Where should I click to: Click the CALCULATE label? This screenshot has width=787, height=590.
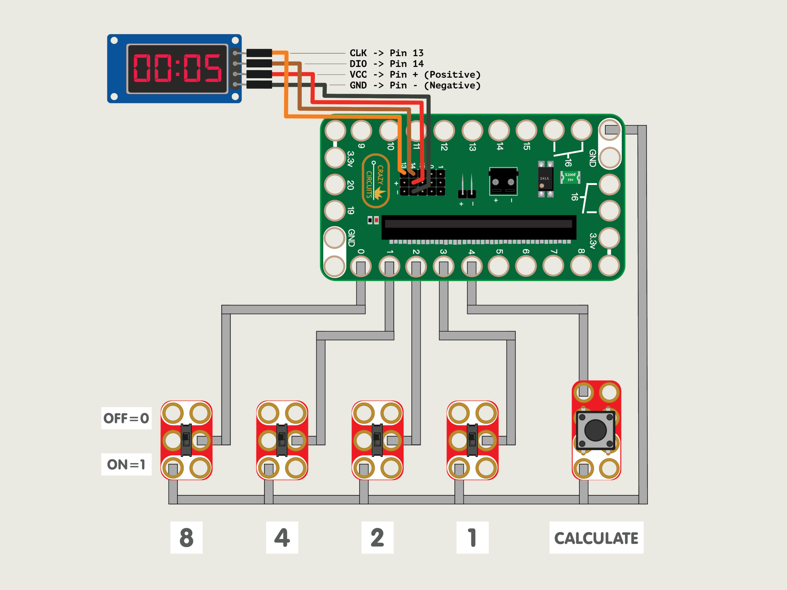pos(596,538)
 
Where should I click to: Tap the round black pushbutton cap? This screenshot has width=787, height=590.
pos(595,430)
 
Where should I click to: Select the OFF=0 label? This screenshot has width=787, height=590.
pos(126,418)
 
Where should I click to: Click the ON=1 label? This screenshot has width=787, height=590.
pos(126,464)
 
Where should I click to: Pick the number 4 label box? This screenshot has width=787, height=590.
pos(282,537)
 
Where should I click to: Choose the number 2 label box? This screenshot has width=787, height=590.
pos(377,537)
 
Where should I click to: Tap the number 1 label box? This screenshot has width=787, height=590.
pos(472,537)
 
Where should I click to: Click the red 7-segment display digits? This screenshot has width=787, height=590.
pos(177,68)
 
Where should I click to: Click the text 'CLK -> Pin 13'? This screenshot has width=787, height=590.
pos(386,53)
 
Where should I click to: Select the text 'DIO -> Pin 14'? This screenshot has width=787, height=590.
pos(386,64)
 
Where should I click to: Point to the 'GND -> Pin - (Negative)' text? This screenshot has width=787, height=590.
pos(415,85)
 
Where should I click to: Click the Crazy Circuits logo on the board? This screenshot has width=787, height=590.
pos(375,181)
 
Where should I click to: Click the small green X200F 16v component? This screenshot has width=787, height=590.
pos(570,177)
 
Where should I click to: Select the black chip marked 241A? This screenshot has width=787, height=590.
pos(545,179)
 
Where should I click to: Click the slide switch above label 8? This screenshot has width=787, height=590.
pos(186,440)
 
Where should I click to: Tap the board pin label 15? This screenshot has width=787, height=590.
pos(527,146)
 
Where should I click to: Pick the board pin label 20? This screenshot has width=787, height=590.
pos(350,185)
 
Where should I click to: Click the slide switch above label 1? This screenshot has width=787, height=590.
pos(472,440)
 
